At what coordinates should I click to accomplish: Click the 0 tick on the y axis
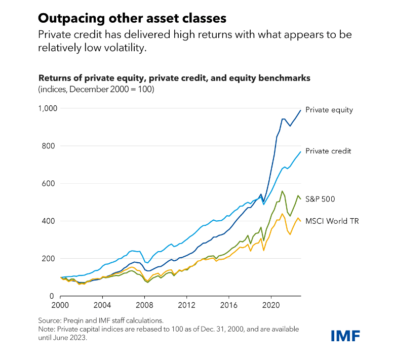[52, 296]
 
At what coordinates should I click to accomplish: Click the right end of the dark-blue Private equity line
[300, 110]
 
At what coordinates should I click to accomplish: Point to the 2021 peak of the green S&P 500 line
[282, 191]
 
